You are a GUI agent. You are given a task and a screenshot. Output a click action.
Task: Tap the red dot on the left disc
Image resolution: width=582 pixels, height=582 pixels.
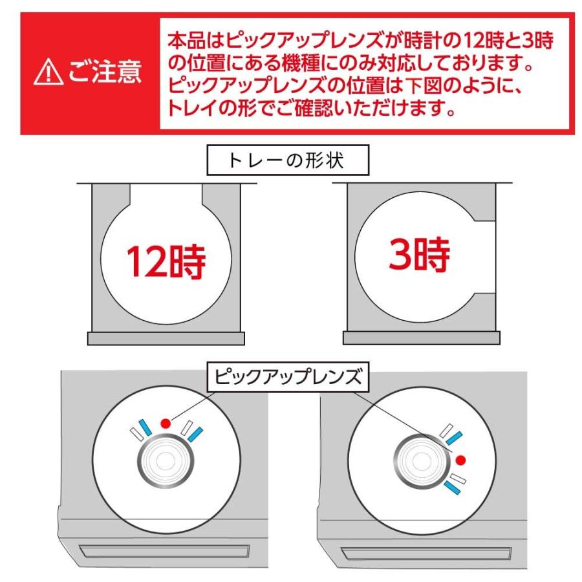pyautogui.click(x=166, y=424)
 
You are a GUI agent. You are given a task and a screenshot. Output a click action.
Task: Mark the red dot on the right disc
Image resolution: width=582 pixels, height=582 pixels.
pyautogui.click(x=460, y=460)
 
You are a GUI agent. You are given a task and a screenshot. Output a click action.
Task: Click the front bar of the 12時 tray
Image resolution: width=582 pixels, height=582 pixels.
pyautogui.click(x=167, y=338)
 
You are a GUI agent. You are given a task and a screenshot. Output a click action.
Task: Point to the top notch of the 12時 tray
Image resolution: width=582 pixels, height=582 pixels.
pyautogui.click(x=166, y=192)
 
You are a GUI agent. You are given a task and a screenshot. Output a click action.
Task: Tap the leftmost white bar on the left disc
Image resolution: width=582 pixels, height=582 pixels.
pyautogui.click(x=136, y=433)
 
